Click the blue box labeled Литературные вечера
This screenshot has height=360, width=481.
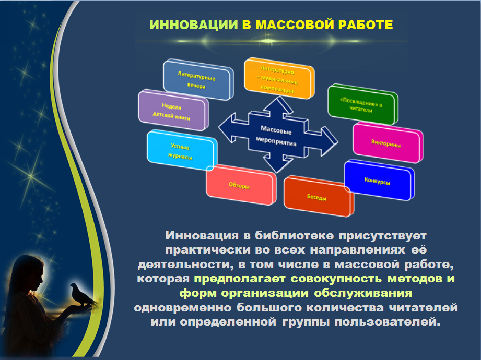198,80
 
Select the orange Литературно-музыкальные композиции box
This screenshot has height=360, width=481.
279,78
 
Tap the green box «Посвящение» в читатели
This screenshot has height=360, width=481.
362,104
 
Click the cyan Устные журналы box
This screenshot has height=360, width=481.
182,150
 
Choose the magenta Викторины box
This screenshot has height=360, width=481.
388,143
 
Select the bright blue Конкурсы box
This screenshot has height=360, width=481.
379,180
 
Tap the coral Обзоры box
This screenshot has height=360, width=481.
241,185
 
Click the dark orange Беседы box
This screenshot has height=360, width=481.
319,196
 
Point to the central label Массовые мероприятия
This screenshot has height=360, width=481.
276,136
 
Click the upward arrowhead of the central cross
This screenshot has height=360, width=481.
278,104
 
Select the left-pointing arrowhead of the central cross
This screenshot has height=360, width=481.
227,127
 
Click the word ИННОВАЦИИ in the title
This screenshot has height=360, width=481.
194,25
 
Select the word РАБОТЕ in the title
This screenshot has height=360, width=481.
366,25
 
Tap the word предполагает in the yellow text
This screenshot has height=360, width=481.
240,279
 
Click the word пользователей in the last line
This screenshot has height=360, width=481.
388,322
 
